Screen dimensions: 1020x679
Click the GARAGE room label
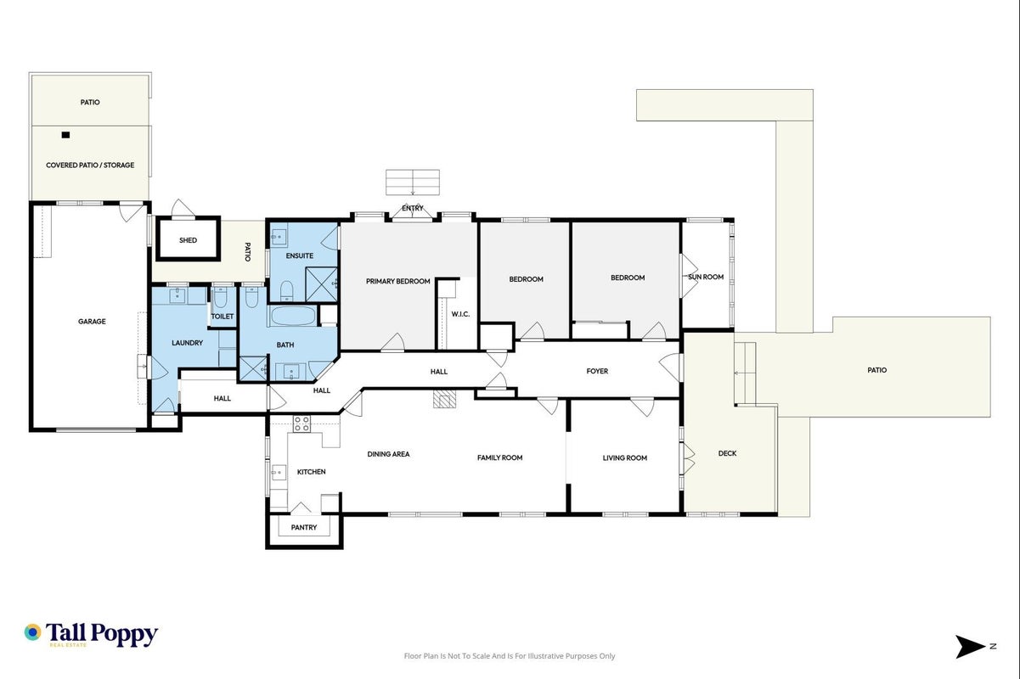pos(92,322)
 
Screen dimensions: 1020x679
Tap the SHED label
pos(188,240)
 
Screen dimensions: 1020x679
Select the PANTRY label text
pos(304,527)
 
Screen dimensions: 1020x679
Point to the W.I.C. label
pos(460,314)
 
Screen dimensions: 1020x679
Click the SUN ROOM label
pos(706,277)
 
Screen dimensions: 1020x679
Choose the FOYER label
pos(597,371)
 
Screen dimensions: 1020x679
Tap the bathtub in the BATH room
pos(292,316)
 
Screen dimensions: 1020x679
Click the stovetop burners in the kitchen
pos(301,424)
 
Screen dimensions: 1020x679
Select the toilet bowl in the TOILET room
pos(220,298)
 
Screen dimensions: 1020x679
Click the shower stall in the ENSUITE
pos(322,284)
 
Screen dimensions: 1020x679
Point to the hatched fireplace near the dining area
pos(443,399)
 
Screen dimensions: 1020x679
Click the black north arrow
pos(970,647)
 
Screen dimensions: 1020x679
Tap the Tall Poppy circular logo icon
pos(32,632)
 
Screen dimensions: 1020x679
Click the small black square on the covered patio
pos(65,135)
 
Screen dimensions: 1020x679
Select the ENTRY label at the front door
pos(413,208)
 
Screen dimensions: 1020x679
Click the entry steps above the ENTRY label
pos(413,182)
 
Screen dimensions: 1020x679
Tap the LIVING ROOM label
pos(625,457)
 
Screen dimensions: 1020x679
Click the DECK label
pos(727,453)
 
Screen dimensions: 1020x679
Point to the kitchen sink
pos(279,474)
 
